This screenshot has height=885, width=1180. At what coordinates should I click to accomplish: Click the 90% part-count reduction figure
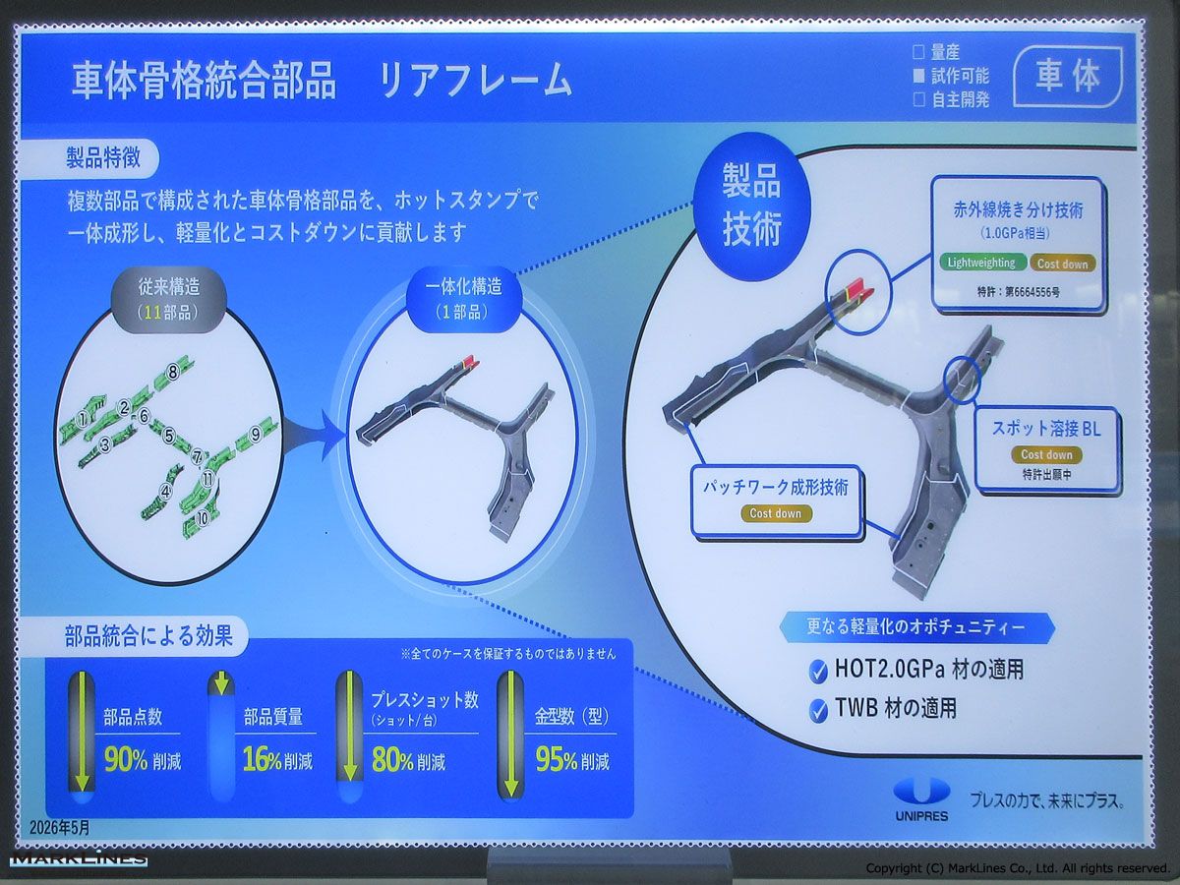point(125,760)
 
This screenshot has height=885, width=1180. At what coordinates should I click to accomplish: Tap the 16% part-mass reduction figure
point(263,760)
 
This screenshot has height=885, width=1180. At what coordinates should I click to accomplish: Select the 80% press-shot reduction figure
point(392,760)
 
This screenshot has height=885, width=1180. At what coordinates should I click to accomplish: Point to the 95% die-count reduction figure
point(556,760)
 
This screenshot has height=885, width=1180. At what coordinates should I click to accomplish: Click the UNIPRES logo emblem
point(921,791)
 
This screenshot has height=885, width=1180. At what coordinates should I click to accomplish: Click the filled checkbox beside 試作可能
point(919,77)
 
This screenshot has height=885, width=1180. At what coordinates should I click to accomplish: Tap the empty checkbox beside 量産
point(919,52)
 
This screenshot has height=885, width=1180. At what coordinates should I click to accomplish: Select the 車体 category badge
point(1068,77)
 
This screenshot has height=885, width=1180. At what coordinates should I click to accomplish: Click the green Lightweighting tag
point(982,263)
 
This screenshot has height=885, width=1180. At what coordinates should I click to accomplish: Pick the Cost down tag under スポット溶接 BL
point(1046,454)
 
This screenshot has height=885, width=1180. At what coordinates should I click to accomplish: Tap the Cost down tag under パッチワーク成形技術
point(776,513)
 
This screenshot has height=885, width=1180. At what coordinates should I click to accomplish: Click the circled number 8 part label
point(172,372)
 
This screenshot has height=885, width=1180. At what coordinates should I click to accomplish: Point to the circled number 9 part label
point(256,434)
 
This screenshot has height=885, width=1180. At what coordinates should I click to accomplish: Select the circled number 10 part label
point(204,518)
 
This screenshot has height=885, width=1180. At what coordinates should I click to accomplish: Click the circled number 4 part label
point(166,490)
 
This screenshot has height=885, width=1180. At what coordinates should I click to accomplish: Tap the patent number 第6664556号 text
point(1032,293)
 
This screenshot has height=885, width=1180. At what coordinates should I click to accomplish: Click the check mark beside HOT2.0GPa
point(818,672)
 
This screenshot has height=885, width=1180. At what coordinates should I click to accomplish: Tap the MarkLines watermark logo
point(79,858)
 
